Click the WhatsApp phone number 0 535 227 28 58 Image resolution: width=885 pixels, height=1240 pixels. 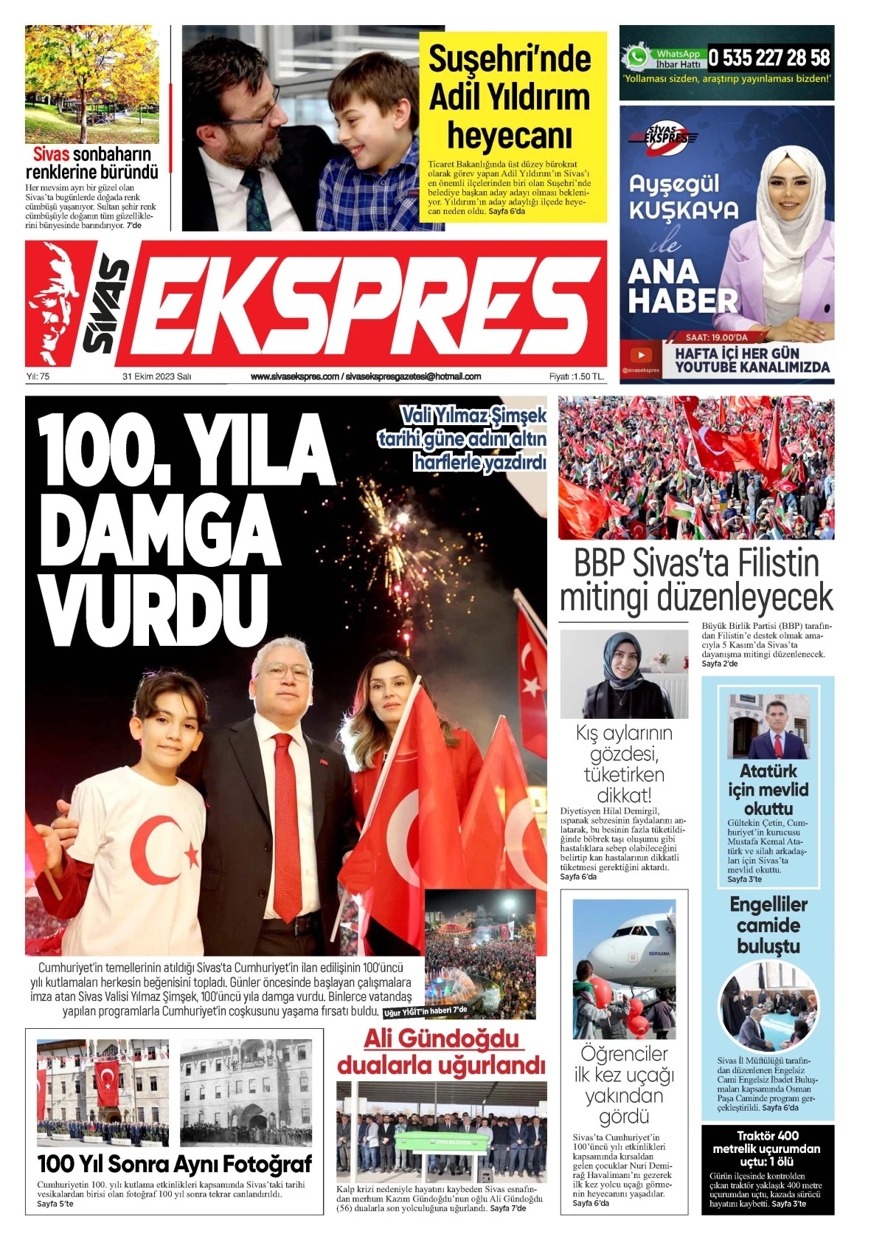pos(769,58)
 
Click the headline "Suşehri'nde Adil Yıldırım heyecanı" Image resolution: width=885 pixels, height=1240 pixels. pos(510,97)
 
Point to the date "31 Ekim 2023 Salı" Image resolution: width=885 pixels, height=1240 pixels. pos(156,376)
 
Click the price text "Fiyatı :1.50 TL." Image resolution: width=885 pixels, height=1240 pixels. pos(576,376)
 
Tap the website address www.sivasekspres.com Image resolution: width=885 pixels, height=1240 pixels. pos(295,376)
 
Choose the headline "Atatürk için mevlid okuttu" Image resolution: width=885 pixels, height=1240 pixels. pos(768,790)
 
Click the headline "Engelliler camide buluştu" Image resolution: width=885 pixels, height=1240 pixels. pos(768,925)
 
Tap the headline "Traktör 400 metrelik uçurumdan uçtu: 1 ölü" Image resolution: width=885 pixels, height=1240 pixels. pos(767,1148)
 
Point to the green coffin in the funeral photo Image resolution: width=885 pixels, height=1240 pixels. pos(438,1141)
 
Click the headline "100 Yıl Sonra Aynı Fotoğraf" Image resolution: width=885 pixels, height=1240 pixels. pos(174,1164)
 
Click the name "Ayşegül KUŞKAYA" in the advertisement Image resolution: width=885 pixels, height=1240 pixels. pos(683,197)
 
